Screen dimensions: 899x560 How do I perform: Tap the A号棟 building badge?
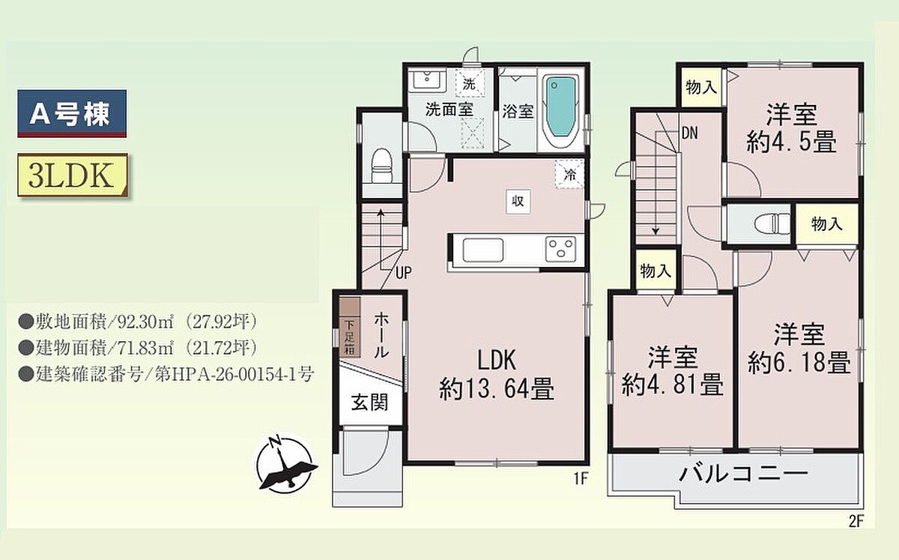pos(72,114)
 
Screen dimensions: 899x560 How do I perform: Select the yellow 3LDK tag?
pos(72,175)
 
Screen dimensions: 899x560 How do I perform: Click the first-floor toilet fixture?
pos(381,166)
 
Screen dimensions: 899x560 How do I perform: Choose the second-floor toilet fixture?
pos(772,223)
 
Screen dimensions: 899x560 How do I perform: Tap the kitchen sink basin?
pos(482,250)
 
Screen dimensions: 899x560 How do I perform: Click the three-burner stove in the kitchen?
pos(560,249)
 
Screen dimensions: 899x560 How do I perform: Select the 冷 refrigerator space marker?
pos(569,175)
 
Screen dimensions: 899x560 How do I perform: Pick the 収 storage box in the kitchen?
pos(518,201)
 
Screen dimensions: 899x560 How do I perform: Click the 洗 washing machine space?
pos(469,83)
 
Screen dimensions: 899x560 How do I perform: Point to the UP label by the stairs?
pos(403,273)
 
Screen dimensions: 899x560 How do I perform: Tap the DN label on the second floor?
pos(689,133)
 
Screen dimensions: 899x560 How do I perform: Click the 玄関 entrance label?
pos(369,403)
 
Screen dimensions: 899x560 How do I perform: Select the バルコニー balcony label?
pos(743,474)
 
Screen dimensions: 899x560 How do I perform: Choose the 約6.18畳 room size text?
pos(799,363)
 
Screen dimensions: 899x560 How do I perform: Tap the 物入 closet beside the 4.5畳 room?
pos(701,87)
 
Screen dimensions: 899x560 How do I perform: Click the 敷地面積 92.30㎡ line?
pos(138,322)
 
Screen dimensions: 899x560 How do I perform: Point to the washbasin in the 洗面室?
pos(427,81)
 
